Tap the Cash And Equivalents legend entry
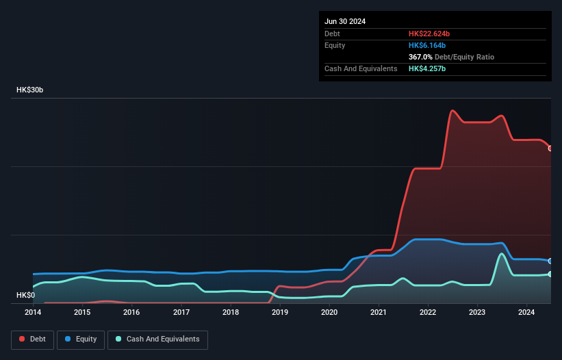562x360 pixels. pyautogui.click(x=157, y=339)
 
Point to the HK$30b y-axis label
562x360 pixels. pyautogui.click(x=30, y=90)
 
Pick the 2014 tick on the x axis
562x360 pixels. pyautogui.click(x=33, y=313)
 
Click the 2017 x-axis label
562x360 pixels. pyautogui.click(x=181, y=313)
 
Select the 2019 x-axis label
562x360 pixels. pyautogui.click(x=280, y=313)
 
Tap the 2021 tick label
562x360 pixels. pyautogui.click(x=379, y=313)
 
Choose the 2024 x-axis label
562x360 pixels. pyautogui.click(x=526, y=313)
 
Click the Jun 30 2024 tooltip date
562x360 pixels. pyautogui.click(x=345, y=21)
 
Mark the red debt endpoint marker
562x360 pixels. pyautogui.click(x=550, y=149)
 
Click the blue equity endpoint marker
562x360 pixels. pyautogui.click(x=550, y=261)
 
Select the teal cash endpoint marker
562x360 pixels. pyautogui.click(x=550, y=274)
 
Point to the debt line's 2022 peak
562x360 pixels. pyautogui.click(x=452, y=110)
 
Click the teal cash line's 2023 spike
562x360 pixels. pyautogui.click(x=502, y=254)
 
